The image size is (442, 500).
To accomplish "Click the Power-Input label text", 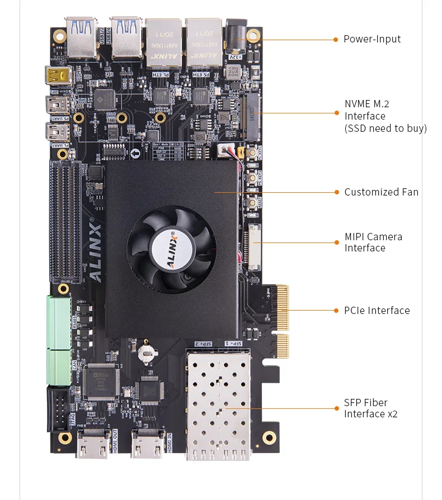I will click(x=372, y=39).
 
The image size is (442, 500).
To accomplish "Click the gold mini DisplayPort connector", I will click(x=57, y=75).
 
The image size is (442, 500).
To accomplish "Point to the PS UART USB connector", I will click(x=58, y=104).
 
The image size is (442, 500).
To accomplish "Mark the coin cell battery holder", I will click(x=147, y=351).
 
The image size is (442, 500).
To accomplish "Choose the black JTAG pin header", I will click(x=58, y=408).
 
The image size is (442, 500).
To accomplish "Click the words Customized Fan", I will click(x=381, y=192).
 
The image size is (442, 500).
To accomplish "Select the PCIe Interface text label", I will click(x=377, y=311).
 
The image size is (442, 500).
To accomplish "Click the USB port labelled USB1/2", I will click(x=81, y=39).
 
